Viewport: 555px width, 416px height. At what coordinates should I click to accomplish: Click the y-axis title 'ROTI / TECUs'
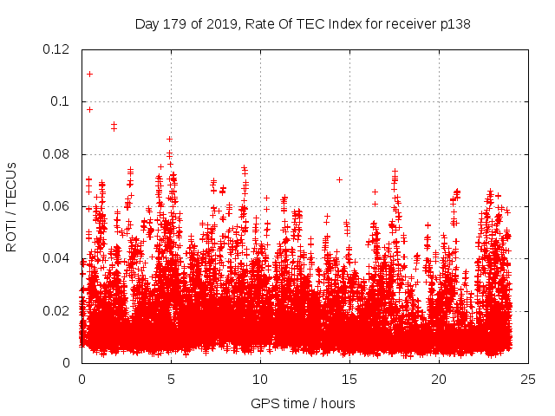[x=11, y=206]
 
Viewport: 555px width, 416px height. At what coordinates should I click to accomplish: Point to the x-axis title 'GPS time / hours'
[x=303, y=403]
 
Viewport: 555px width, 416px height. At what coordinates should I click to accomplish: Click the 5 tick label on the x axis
[x=171, y=379]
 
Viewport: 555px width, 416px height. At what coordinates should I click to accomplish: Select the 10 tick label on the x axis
[x=260, y=379]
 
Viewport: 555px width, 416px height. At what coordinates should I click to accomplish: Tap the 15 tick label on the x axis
[x=349, y=379]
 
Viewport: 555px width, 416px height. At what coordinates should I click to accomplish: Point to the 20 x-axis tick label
[x=439, y=379]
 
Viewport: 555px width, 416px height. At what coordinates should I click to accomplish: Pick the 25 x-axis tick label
[x=528, y=379]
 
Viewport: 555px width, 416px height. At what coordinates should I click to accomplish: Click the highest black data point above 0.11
[x=89, y=74]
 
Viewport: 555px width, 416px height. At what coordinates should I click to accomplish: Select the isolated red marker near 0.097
[x=89, y=109]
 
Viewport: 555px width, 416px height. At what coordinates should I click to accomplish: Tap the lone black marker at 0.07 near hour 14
[x=339, y=179]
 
